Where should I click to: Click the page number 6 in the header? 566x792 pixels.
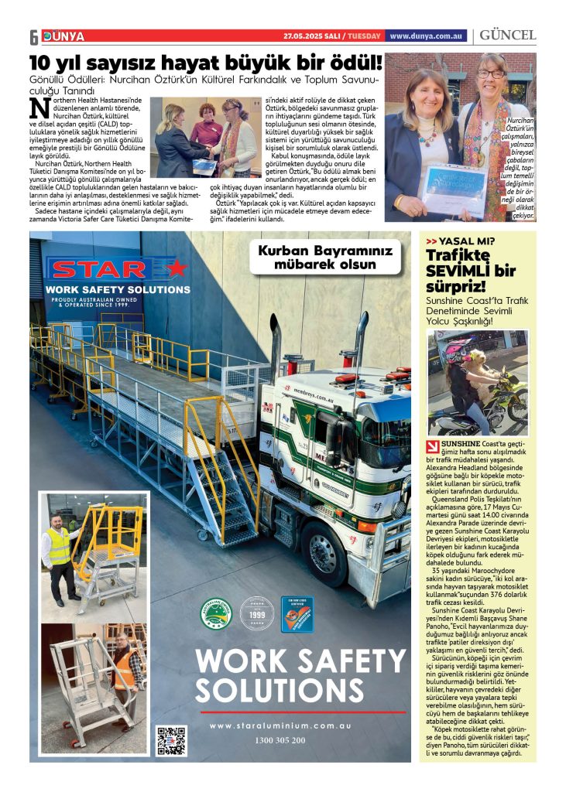point(34,36)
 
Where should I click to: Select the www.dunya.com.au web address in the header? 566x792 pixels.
point(426,36)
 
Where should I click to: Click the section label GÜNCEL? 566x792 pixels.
point(508,36)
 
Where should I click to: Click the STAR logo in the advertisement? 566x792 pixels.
point(116,269)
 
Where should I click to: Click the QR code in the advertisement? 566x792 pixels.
point(171,739)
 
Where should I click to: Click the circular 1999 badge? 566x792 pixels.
point(257,613)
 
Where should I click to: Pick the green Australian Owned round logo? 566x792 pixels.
point(216,613)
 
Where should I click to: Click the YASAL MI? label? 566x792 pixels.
point(466,241)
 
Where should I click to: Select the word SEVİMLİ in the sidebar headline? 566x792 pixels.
point(460,271)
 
